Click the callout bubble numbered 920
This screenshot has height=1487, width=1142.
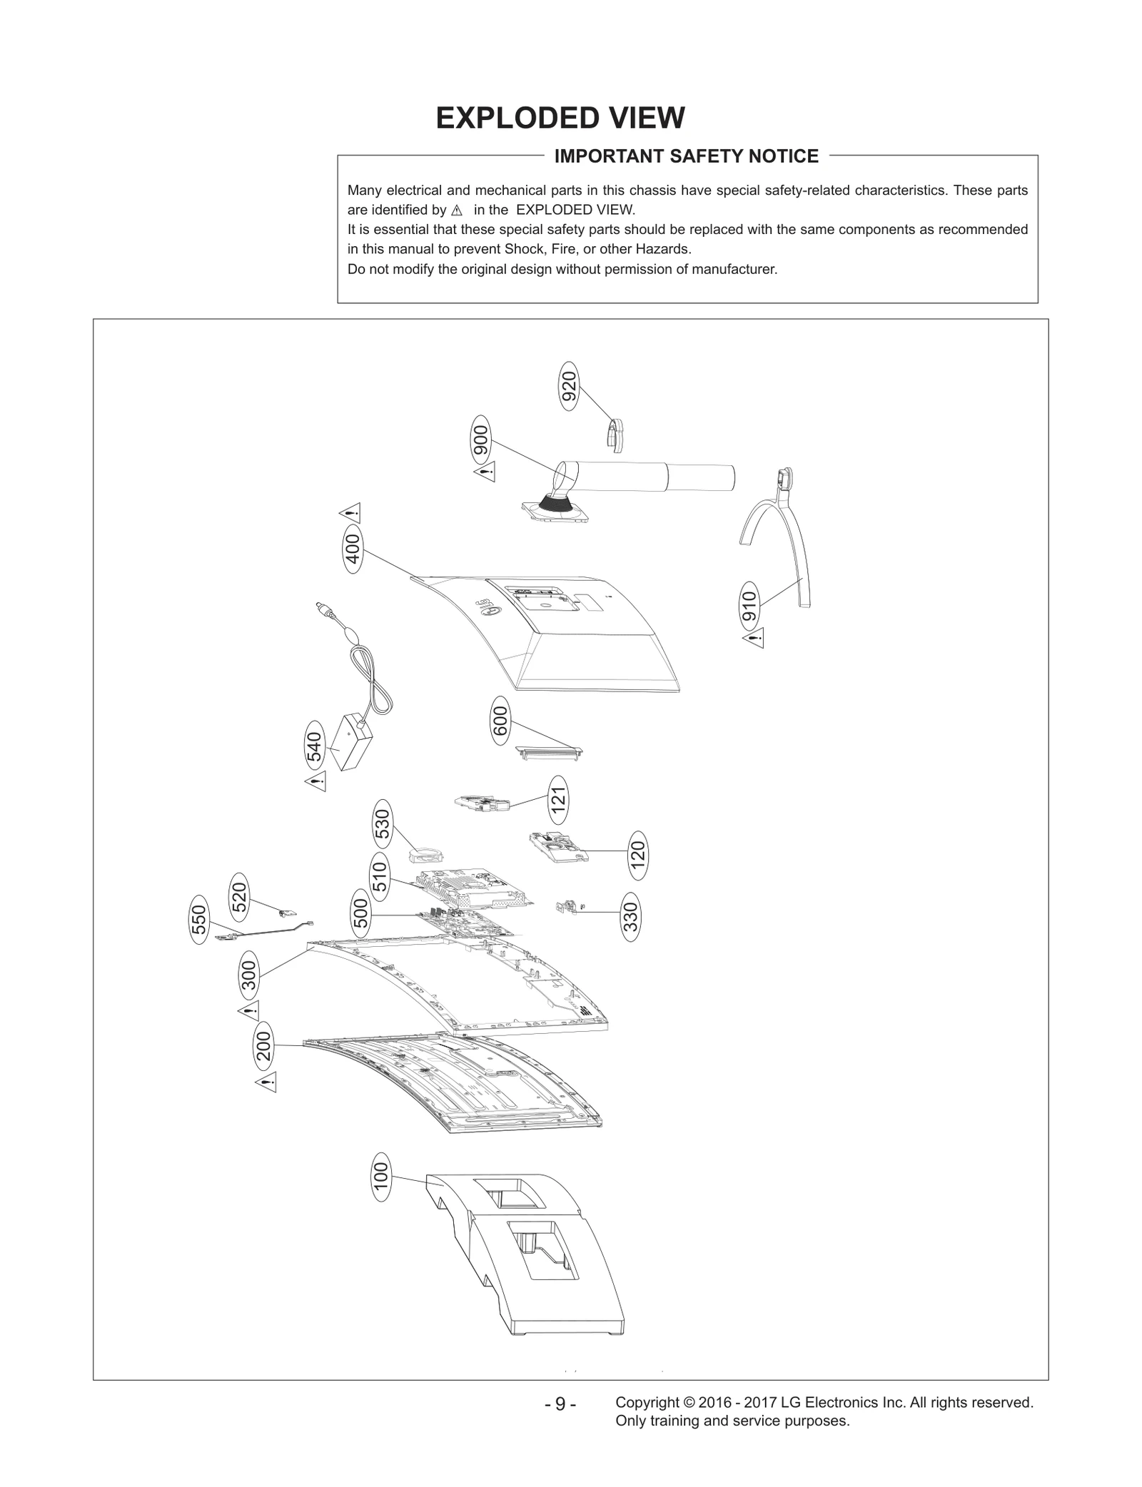[x=568, y=386]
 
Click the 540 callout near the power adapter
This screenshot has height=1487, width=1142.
[x=314, y=746]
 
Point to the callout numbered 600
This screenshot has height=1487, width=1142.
[x=500, y=721]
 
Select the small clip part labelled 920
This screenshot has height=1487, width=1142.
[x=615, y=435]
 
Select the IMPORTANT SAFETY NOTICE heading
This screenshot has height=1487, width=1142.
[x=686, y=156]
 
